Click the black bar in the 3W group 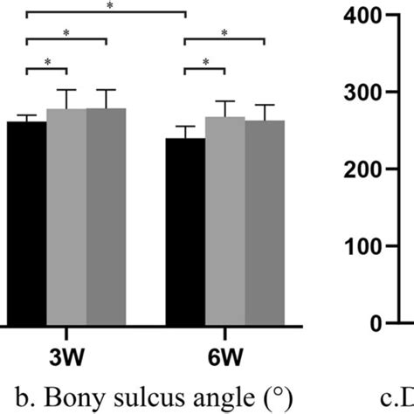pos(26,223)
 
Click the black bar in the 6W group pos(185,231)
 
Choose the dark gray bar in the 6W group pos(265,222)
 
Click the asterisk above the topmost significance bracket pos(109,6)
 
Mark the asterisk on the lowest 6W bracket pos(205,62)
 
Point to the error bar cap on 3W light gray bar pos(66,89)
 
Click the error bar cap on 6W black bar pos(185,127)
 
